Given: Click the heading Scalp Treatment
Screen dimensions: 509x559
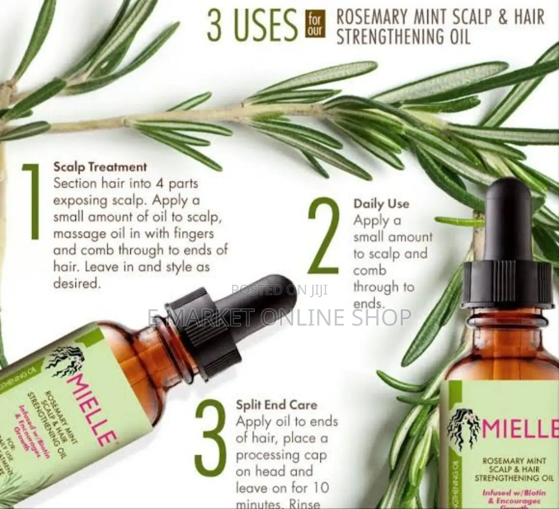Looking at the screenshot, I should click(100, 167).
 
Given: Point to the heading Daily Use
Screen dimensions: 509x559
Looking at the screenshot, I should click(381, 204).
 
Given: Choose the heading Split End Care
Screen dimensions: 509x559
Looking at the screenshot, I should click(276, 405).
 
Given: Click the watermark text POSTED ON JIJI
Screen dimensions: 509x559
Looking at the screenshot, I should click(279, 290).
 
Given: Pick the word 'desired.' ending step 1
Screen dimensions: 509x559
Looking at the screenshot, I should click(77, 283).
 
